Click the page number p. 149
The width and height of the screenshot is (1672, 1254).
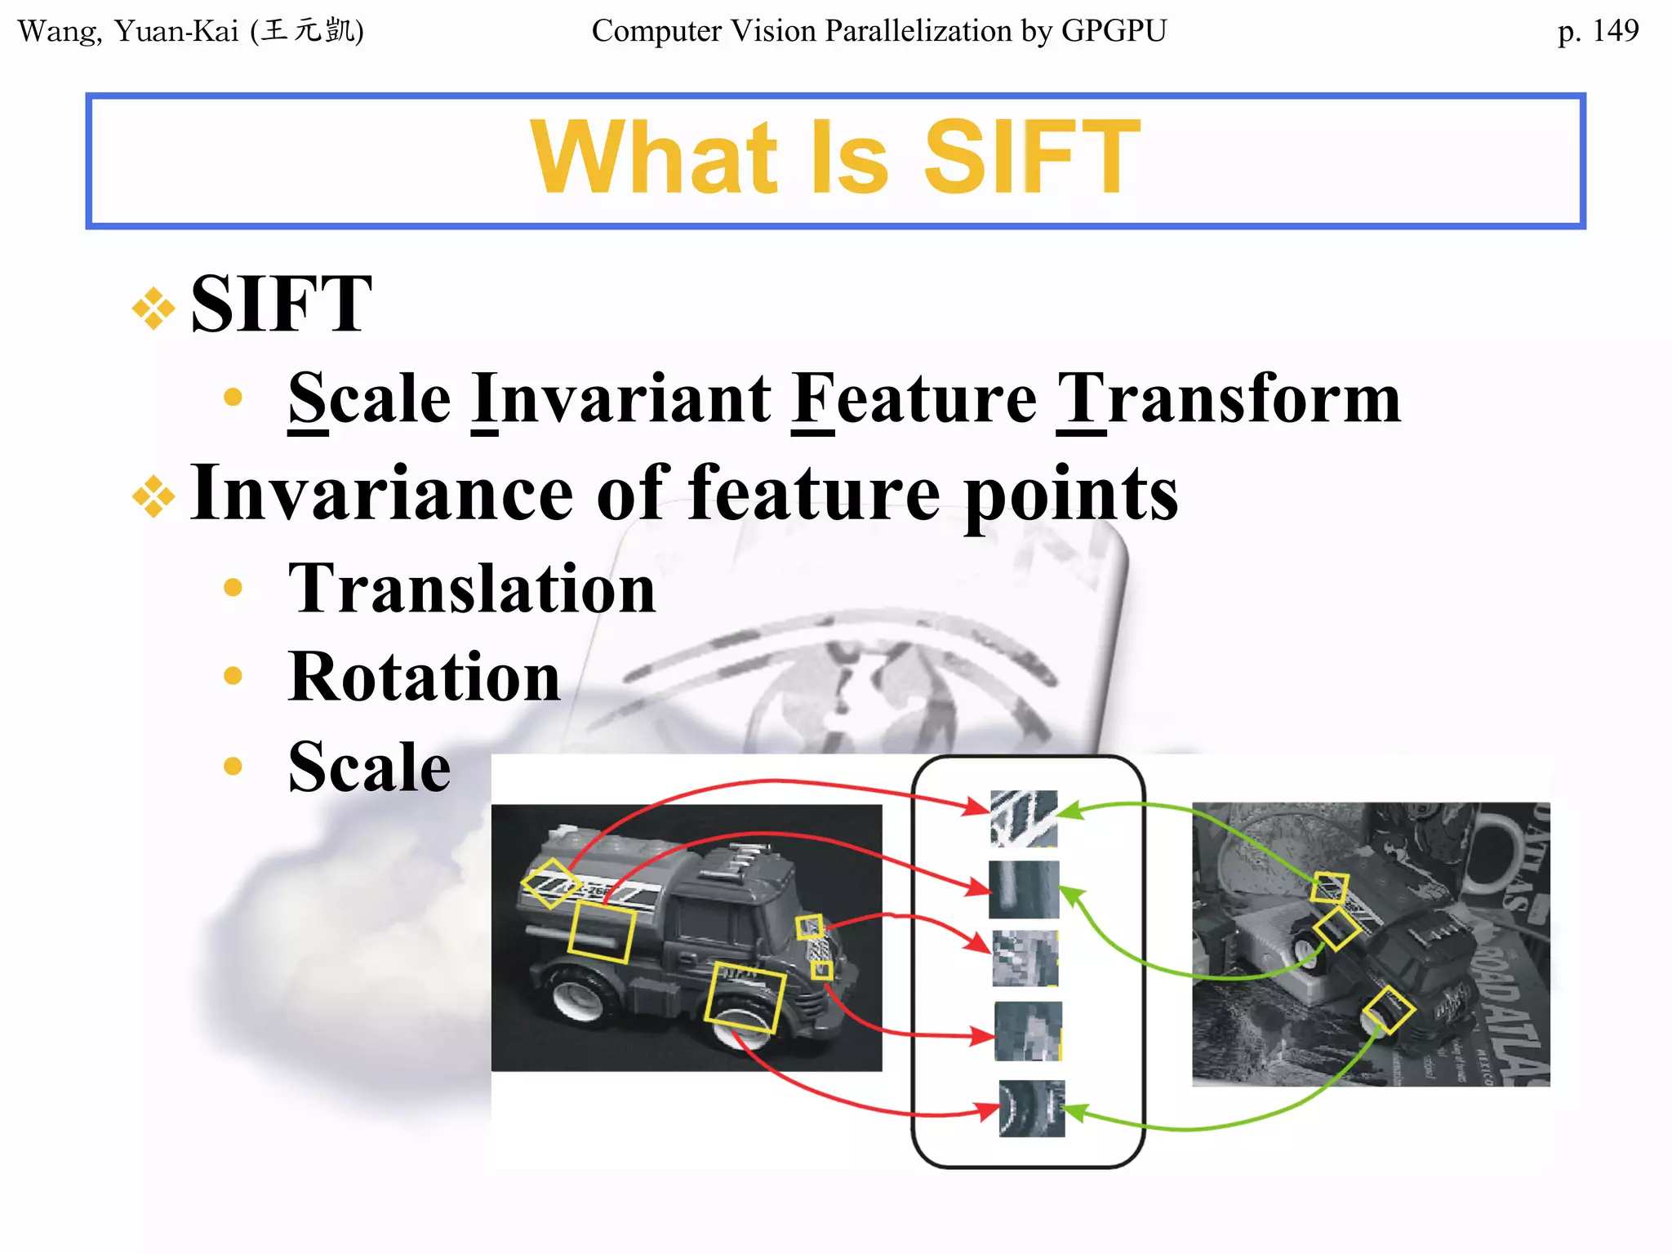pyautogui.click(x=1597, y=31)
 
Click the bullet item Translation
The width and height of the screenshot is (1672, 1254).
pyautogui.click(x=472, y=588)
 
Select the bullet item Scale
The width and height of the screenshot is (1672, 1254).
pyautogui.click(x=369, y=767)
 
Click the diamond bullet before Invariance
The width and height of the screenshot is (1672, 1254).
pyautogui.click(x=153, y=496)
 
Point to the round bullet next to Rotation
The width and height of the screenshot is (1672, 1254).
pyautogui.click(x=233, y=676)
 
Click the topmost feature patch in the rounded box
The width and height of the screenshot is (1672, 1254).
pyautogui.click(x=1023, y=818)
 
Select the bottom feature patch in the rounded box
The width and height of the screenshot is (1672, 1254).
pyautogui.click(x=1032, y=1109)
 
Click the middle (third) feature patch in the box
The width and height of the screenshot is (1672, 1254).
pyautogui.click(x=1025, y=958)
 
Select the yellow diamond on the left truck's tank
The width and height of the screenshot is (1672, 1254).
pyautogui.click(x=551, y=883)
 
